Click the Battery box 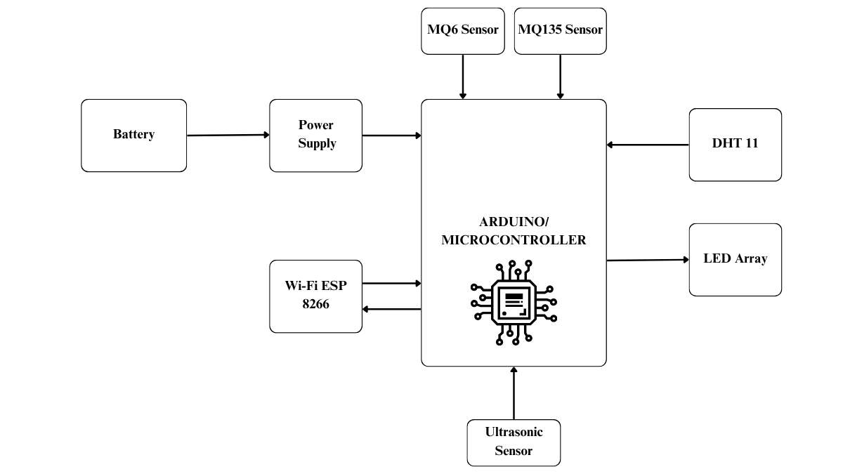133,135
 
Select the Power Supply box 315,135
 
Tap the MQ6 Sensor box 462,30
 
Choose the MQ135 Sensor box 560,30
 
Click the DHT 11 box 735,144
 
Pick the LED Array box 735,259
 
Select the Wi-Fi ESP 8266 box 315,296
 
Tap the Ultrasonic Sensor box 514,442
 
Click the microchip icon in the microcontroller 514,303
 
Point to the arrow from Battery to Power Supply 228,135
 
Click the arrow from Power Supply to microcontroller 391,135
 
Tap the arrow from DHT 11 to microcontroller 647,145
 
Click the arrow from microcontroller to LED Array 647,260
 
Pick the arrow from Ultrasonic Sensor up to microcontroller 514,393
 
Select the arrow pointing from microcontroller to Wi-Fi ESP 391,309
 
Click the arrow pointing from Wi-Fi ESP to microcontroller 391,284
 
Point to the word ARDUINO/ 514,222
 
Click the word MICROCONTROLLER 514,240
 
